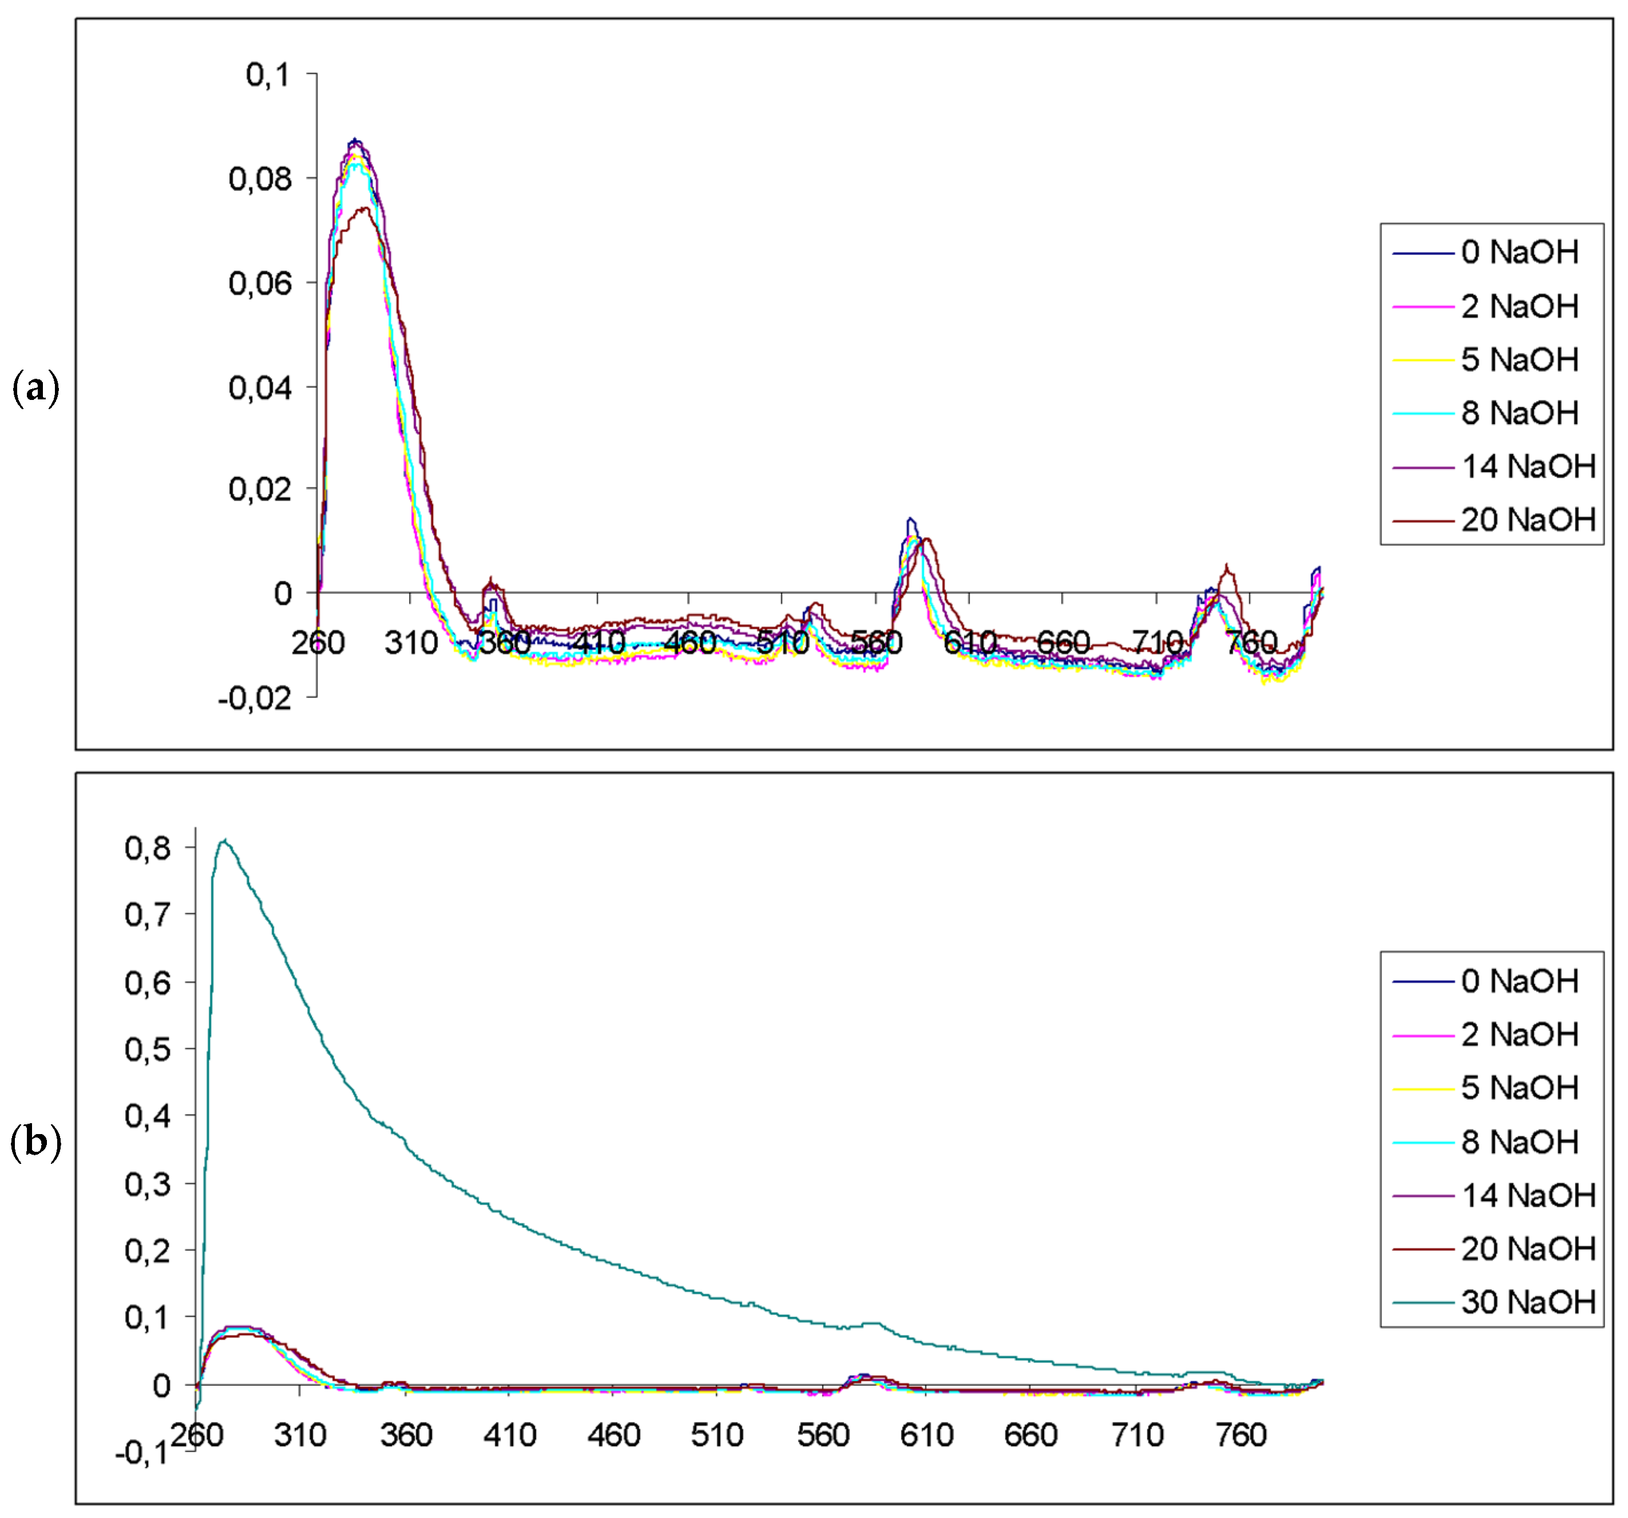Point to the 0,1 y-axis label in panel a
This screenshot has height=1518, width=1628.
point(268,76)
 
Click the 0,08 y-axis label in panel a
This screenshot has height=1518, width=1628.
point(260,179)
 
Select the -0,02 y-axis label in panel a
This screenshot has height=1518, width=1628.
point(255,699)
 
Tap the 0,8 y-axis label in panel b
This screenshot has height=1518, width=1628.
point(148,848)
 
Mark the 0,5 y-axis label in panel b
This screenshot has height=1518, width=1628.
point(148,1049)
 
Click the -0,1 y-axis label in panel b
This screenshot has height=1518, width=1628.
point(141,1454)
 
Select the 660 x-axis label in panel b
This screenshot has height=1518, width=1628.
point(1030,1435)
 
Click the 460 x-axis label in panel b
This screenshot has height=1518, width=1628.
point(613,1435)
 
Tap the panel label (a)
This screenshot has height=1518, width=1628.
point(36,387)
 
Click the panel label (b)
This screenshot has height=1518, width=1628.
point(36,1141)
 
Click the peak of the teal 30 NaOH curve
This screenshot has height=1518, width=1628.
point(224,841)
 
